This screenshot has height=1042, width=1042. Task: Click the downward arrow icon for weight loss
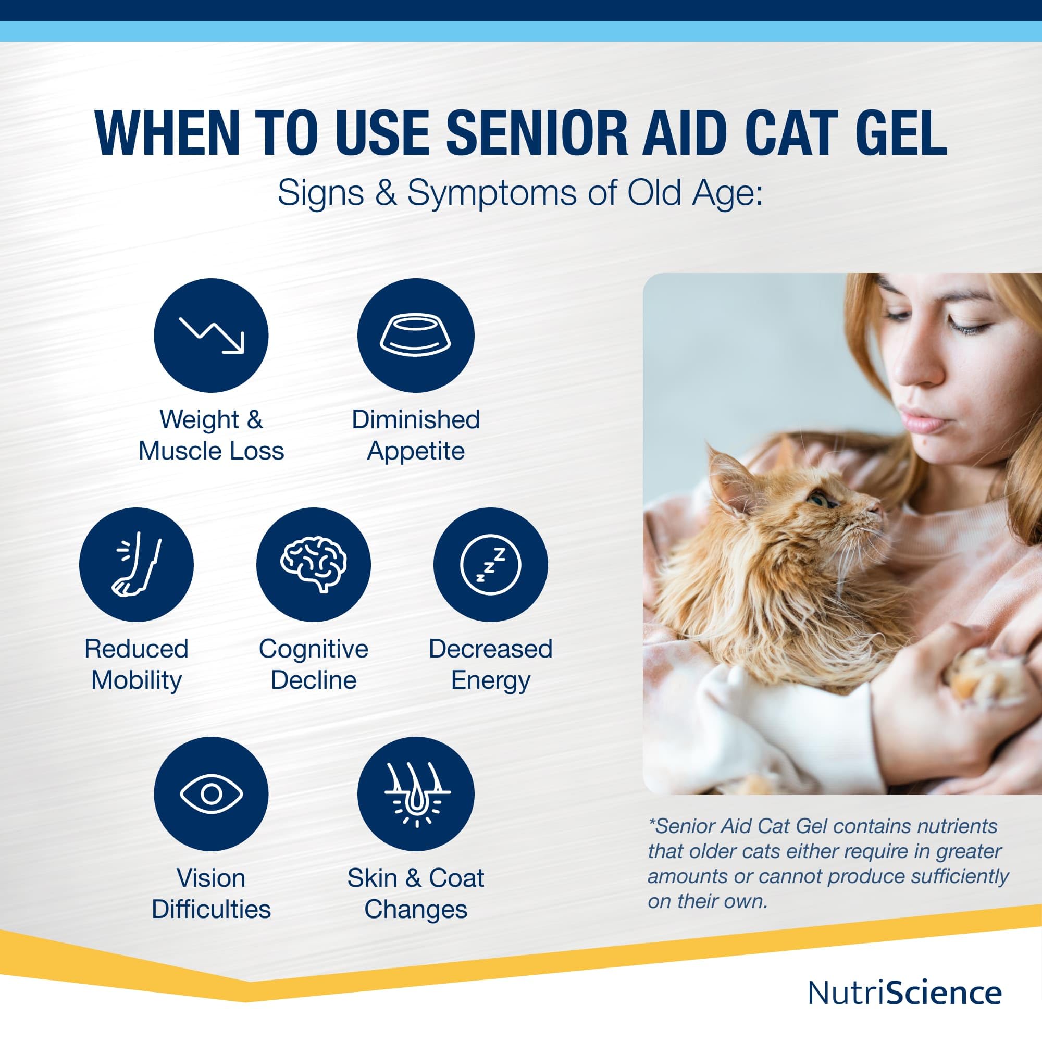(212, 336)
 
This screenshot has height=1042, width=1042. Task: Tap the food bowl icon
(415, 336)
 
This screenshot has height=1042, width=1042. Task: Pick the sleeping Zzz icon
(490, 565)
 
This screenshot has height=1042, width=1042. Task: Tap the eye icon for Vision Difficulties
(212, 793)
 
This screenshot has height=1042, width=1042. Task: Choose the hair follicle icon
(416, 793)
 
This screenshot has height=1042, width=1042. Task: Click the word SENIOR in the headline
(537, 133)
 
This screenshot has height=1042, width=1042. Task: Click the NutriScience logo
(905, 993)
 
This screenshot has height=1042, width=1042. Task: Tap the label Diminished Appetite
(416, 435)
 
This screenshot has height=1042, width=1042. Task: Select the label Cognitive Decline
(313, 664)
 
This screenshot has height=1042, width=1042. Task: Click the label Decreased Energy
(490, 664)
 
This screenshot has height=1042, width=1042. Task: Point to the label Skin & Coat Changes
(416, 893)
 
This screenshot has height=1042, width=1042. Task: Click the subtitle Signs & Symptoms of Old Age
(520, 193)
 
